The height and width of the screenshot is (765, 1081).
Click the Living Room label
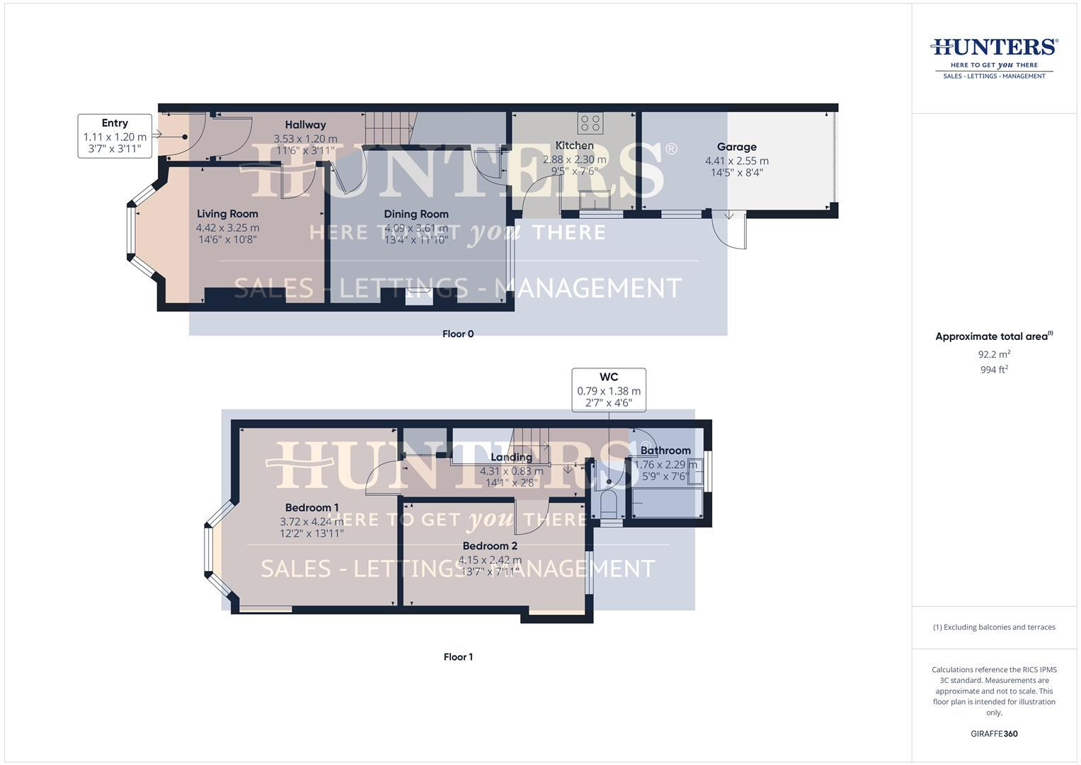(227, 213)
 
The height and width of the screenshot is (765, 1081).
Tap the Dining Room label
(416, 214)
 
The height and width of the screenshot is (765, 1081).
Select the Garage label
(736, 147)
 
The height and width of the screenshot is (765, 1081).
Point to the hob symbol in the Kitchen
(590, 123)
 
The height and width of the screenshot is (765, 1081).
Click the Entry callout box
(115, 135)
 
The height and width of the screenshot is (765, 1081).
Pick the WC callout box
(609, 390)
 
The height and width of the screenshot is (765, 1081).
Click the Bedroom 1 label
(311, 507)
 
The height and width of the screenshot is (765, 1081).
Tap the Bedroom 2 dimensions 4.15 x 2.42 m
(490, 560)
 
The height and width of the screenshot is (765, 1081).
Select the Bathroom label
(665, 450)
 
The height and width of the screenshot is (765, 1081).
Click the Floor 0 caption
(458, 334)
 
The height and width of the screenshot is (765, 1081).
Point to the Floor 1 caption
(458, 657)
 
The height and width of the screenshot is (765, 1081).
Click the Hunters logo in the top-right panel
(994, 57)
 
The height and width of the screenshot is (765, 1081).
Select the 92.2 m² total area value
(994, 354)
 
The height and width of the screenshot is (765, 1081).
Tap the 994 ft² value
(994, 370)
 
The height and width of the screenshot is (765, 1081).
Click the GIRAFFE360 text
(994, 734)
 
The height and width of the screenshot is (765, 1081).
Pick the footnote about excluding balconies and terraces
(994, 627)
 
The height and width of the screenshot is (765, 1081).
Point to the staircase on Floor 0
(389, 127)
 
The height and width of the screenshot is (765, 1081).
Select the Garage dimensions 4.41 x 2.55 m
(736, 161)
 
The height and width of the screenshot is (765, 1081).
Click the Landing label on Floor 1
(511, 457)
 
